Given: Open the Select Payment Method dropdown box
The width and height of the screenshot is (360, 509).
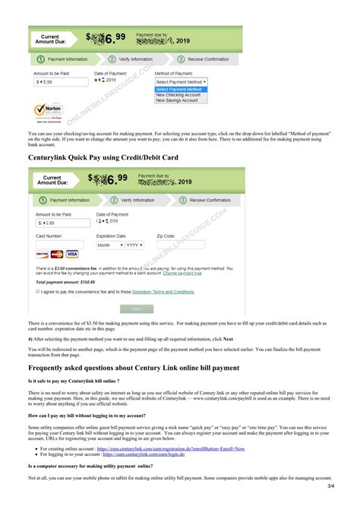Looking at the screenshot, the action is pyautogui.click(x=181, y=81).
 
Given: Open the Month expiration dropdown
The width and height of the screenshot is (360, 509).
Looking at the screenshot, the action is pyautogui.click(x=107, y=245).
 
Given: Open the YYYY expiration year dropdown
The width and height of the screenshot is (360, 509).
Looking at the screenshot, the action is pyautogui.click(x=134, y=245).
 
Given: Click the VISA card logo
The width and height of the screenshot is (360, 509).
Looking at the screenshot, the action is pyautogui.click(x=72, y=254).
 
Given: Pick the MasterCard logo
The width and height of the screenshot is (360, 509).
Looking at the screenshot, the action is pyautogui.click(x=57, y=254).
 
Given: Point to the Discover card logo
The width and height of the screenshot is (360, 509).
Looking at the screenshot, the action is pyautogui.click(x=43, y=254).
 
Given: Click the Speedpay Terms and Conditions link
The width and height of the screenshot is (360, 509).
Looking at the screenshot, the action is pyautogui.click(x=157, y=291).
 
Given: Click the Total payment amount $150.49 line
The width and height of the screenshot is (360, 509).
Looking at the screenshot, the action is pyautogui.click(x=63, y=282).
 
